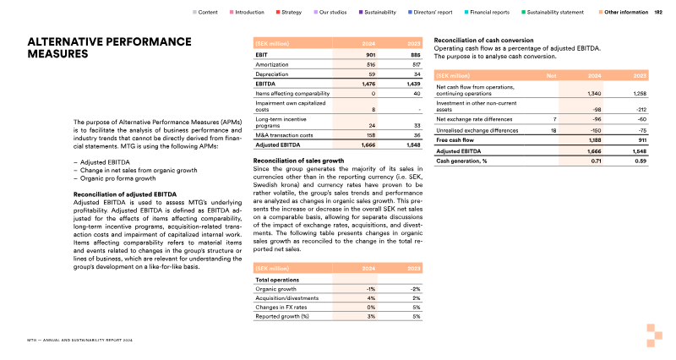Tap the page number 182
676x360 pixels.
[658, 13]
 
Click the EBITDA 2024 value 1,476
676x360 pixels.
[367, 84]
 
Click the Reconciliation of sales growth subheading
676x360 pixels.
[298, 160]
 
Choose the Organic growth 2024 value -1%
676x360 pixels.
[370, 288]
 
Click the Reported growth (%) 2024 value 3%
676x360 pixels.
[371, 317]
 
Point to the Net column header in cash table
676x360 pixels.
[552, 74]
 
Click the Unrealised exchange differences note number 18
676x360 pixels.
[553, 131]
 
